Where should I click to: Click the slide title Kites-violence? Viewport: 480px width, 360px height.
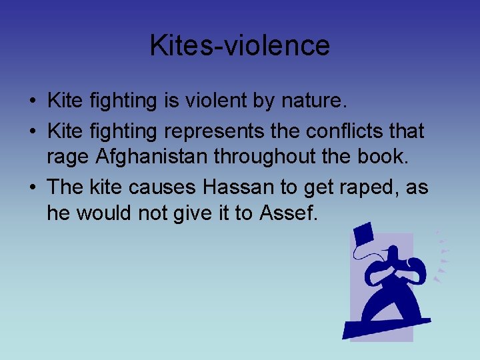[239, 45]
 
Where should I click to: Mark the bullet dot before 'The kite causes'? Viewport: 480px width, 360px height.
[33, 188]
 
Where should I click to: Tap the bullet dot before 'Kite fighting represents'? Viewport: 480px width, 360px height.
[33, 132]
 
